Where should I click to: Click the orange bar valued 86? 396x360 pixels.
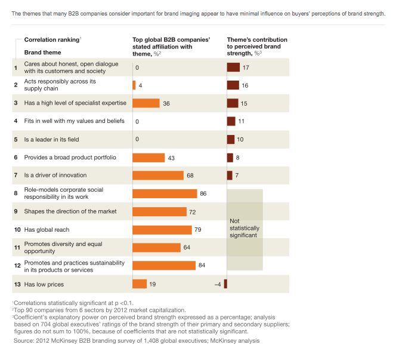[165, 193]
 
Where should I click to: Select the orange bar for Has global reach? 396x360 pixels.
[162, 230]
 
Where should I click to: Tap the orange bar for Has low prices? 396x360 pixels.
[140, 284]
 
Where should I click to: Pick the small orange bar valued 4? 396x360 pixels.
[134, 85]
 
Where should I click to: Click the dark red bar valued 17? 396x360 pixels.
[233, 67]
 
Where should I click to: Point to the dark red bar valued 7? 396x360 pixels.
[230, 176]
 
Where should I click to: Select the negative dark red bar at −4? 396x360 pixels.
[225, 284]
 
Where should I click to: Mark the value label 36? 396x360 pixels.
[166, 103]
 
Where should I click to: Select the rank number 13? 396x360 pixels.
[16, 284]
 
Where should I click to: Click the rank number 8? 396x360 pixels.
[16, 193]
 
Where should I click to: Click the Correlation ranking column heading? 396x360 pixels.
[51, 39]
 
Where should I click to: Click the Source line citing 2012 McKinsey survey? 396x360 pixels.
[137, 341]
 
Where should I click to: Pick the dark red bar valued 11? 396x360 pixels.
[231, 121]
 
